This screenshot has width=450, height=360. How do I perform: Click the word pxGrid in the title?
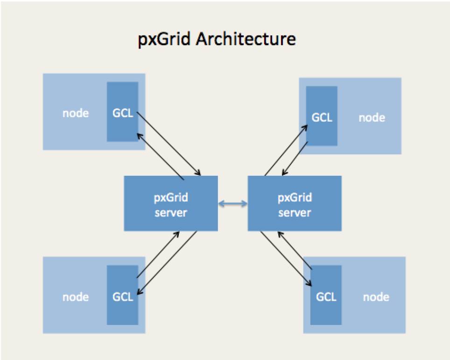pos(164,39)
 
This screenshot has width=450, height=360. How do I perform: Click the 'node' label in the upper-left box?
pos(76,113)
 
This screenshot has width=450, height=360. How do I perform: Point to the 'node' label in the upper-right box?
pos(372,118)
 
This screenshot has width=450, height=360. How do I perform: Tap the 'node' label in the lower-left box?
pos(76,297)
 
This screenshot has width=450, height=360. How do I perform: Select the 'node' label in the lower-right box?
pos(376,297)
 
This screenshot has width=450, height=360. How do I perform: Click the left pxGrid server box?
pos(171,203)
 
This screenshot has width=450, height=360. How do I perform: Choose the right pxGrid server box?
pos(295,203)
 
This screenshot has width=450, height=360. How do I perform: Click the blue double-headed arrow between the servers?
pos(233,204)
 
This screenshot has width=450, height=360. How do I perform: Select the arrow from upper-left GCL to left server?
pos(169,144)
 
